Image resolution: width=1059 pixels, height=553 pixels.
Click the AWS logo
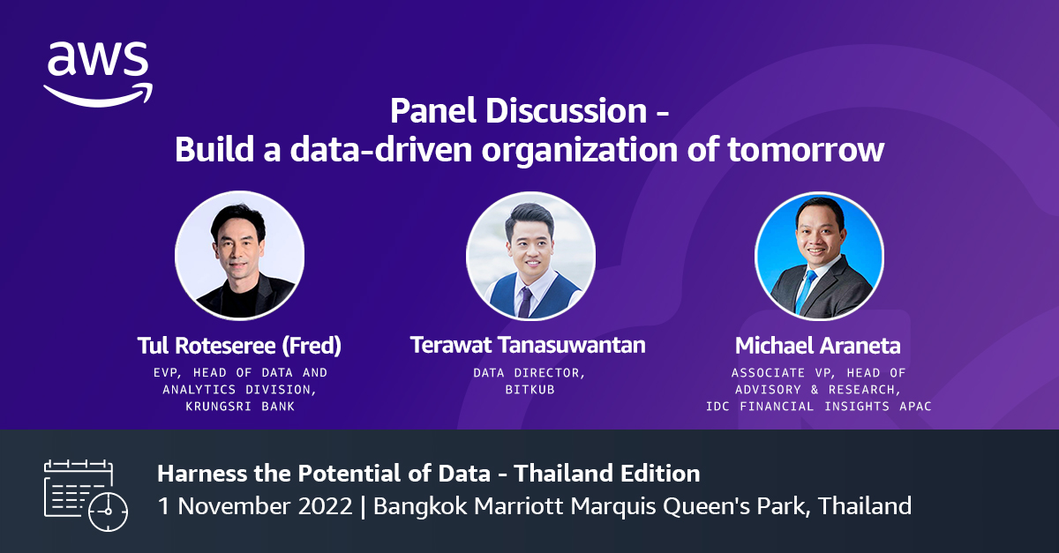[x=98, y=73]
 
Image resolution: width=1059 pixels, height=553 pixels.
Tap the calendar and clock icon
[x=86, y=494]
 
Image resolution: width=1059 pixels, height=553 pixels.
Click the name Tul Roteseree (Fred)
[x=240, y=345]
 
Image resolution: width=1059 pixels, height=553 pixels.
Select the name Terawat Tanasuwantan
[x=528, y=345]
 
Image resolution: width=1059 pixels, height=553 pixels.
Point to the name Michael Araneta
[x=818, y=345]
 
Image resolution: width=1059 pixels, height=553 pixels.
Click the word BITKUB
[x=529, y=390]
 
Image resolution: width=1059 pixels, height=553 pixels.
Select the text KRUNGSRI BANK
[x=240, y=406]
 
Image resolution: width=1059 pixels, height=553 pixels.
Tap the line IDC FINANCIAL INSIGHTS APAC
[x=818, y=406]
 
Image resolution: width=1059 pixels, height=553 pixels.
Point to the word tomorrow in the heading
[x=805, y=150]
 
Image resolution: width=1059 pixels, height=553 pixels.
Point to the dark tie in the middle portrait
[x=525, y=300]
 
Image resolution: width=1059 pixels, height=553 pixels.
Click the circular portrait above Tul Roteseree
[x=240, y=254]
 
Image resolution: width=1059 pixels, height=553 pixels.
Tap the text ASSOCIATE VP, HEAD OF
[x=818, y=373]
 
